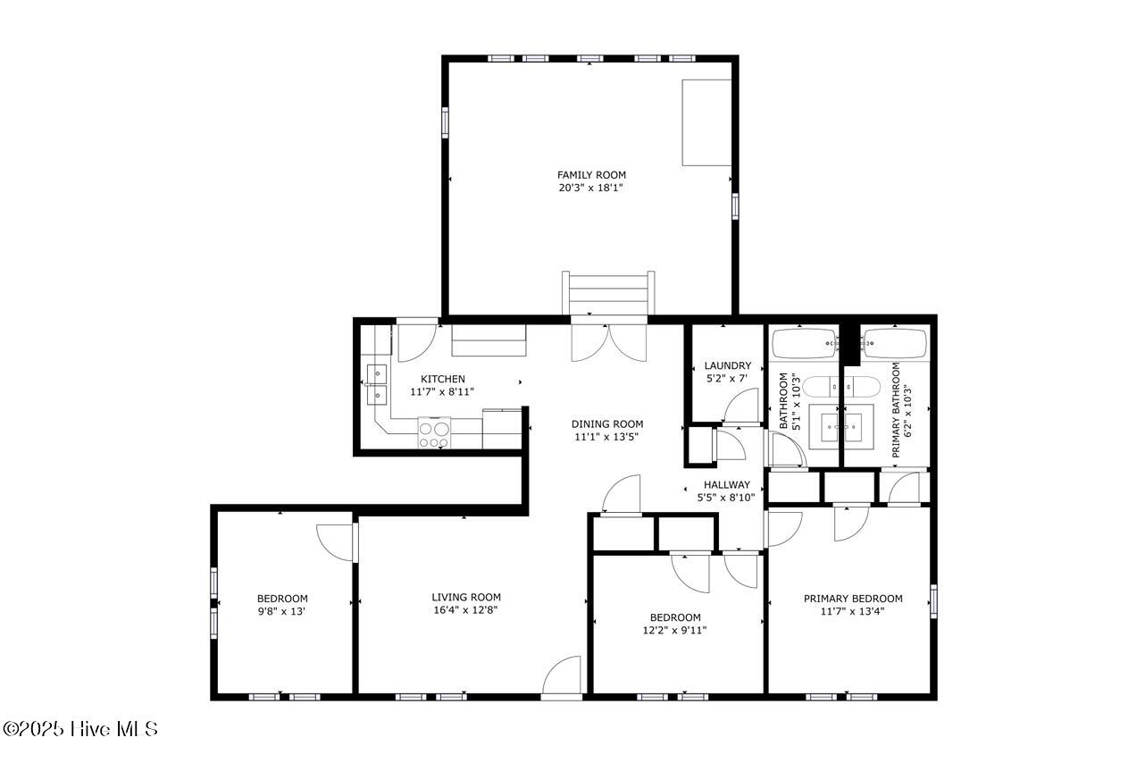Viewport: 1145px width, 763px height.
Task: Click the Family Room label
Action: (591, 175)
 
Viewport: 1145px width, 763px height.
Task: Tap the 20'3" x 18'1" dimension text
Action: (591, 188)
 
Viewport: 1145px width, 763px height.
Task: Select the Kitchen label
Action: (443, 379)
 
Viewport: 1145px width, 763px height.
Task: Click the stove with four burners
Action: (434, 433)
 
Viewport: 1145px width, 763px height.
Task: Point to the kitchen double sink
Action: (377, 384)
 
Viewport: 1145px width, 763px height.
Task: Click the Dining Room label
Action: (607, 424)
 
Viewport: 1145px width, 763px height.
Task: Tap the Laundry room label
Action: (728, 365)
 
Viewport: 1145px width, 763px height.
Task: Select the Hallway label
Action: (727, 484)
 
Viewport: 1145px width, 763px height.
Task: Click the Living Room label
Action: (466, 597)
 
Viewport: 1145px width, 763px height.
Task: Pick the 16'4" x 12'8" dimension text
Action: (465, 609)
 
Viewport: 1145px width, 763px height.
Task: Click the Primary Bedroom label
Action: (853, 599)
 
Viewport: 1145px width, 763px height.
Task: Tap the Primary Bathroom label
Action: (896, 410)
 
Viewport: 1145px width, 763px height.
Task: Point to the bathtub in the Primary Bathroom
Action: (895, 344)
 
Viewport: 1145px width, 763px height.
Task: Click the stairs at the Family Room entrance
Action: (608, 293)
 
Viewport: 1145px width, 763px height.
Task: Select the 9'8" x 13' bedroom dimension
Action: (281, 611)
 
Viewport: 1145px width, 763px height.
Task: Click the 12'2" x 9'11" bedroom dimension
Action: (674, 630)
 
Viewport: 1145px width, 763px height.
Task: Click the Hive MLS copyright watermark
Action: (80, 729)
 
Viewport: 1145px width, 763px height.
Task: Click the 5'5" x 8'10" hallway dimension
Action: (726, 497)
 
